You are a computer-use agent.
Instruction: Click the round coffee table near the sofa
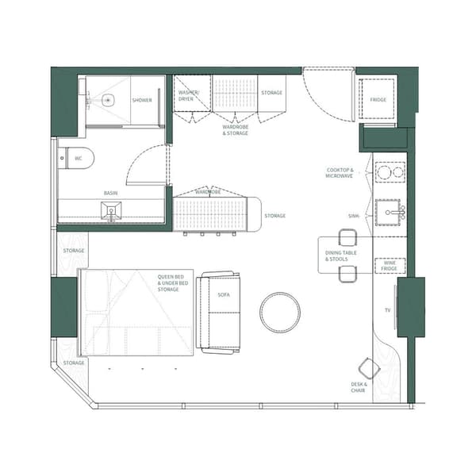(x=280, y=312)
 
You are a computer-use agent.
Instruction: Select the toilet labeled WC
(x=79, y=158)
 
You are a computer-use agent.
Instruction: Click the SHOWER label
(x=142, y=101)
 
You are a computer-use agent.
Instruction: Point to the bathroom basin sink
(x=111, y=209)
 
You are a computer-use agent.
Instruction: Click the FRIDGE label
(x=378, y=101)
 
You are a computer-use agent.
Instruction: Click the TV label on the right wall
(x=387, y=309)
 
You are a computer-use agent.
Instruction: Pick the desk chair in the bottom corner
(x=369, y=369)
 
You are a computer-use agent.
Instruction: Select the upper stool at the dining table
(x=347, y=236)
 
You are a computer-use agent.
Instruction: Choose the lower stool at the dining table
(x=347, y=274)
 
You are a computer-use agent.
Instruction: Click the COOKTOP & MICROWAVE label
(x=340, y=172)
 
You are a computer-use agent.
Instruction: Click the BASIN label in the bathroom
(x=111, y=193)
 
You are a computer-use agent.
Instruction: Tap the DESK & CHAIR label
(x=358, y=387)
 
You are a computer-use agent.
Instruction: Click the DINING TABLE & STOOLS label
(x=340, y=255)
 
